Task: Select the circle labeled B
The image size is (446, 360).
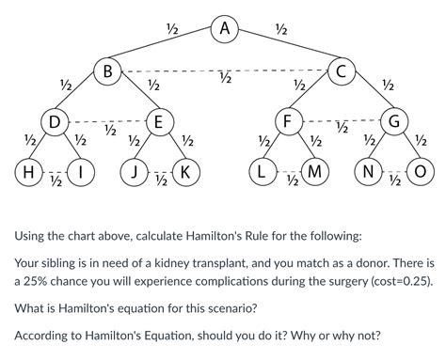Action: coord(108,70)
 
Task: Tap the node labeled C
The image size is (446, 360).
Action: coord(341,70)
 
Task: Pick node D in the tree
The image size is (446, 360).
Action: coord(56,121)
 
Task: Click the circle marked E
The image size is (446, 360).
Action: coord(158,121)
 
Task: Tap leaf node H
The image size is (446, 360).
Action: coord(28,173)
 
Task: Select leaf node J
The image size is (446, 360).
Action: coord(135,173)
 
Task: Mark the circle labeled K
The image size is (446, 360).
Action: coord(184,173)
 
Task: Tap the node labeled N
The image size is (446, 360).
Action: coord(368,173)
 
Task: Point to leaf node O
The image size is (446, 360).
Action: coord(420,173)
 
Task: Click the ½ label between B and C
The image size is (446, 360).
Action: coord(224,79)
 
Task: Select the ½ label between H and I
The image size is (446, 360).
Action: coord(56,181)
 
